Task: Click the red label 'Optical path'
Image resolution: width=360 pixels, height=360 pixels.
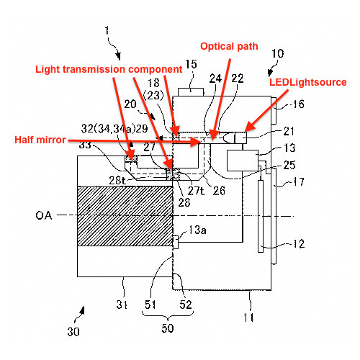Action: coord(229,46)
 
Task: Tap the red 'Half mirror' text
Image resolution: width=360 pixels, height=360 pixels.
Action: coord(40,140)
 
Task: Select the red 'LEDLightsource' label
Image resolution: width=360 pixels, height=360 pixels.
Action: coord(308,82)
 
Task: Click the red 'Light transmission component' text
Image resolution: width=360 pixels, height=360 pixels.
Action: coord(109,69)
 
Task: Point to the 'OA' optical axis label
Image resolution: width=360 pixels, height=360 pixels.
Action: coord(44,215)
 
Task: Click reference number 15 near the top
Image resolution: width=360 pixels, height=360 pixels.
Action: coord(191,64)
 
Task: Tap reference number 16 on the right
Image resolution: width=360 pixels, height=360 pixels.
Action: coord(298,104)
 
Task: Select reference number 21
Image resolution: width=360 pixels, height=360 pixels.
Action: coord(289,131)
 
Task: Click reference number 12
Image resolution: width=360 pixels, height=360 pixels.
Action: coord(299,244)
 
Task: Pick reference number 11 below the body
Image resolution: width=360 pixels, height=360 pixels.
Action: coord(248,318)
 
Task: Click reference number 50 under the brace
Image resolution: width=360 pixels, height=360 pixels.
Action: coord(168,328)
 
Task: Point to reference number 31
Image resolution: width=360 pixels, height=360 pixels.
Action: coord(122,305)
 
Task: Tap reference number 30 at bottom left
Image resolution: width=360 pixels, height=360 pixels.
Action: coord(73,332)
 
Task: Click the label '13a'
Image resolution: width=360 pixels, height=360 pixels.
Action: coord(197,230)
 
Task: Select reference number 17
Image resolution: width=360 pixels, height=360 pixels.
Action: coord(299,181)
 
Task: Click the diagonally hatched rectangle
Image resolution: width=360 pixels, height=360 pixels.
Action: coord(125,216)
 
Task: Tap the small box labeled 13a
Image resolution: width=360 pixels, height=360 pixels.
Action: coord(176,243)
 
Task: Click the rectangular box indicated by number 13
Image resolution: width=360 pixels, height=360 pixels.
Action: coord(243,161)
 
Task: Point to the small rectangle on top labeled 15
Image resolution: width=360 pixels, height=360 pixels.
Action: coord(191,92)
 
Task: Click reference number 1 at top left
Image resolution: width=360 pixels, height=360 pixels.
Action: coord(107,30)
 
